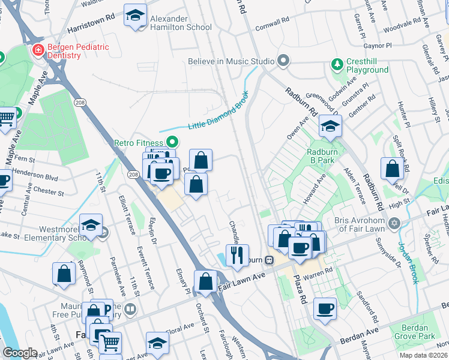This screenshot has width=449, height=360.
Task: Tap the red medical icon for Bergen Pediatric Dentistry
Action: coord(38,49)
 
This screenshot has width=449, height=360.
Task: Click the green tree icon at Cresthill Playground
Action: coord(337,63)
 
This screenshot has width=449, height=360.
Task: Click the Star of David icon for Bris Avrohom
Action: coord(394,223)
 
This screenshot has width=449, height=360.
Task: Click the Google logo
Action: coord(19,353)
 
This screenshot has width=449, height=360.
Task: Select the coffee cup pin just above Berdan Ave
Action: coord(325,308)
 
